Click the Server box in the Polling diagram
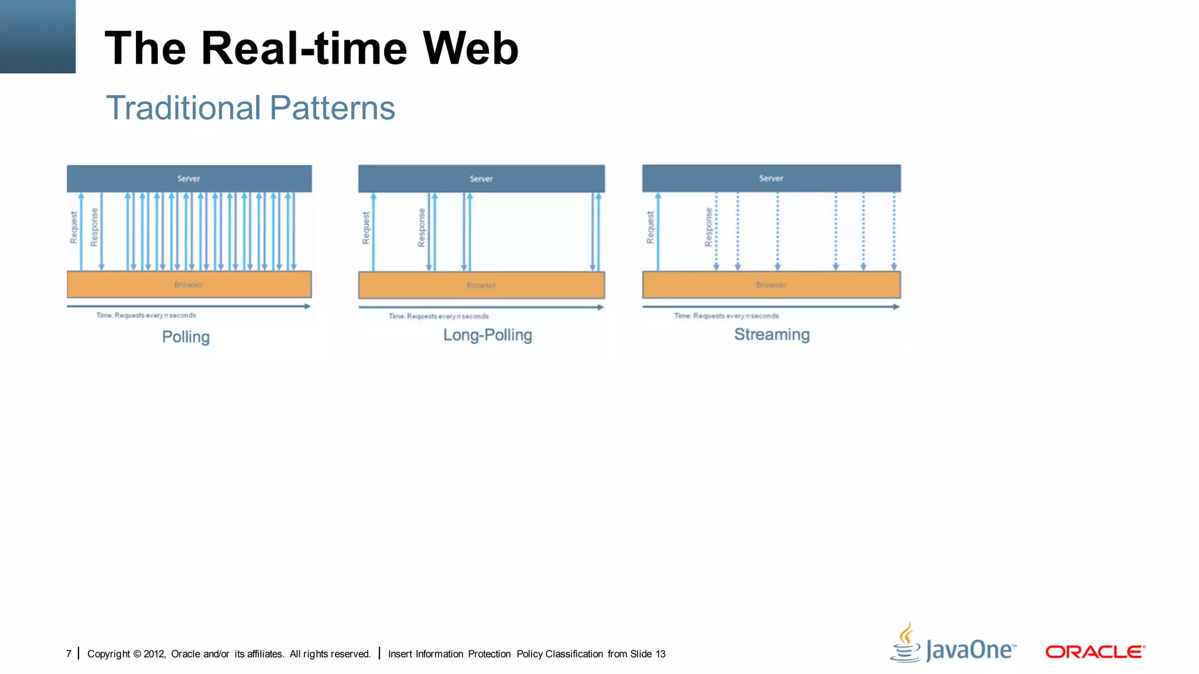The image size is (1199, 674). click(189, 178)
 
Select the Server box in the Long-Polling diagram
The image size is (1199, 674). click(481, 178)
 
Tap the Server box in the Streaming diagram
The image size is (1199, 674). click(771, 178)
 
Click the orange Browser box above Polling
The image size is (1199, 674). click(189, 284)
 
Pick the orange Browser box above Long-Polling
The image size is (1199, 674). click(481, 285)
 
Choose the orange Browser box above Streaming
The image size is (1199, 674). click(771, 284)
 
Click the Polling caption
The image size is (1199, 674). click(186, 337)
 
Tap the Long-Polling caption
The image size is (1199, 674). click(487, 335)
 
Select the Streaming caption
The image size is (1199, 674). click(772, 335)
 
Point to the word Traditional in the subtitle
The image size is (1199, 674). click(183, 108)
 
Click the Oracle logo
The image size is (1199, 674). click(1095, 652)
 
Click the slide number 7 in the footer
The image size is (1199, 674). click(69, 654)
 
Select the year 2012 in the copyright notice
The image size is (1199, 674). click(154, 654)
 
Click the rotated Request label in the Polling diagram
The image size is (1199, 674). click(74, 228)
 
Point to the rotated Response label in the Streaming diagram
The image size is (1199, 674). click(708, 227)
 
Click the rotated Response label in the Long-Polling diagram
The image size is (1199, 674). click(422, 228)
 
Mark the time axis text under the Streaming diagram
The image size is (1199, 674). click(727, 316)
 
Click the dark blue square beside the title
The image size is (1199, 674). click(37, 36)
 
